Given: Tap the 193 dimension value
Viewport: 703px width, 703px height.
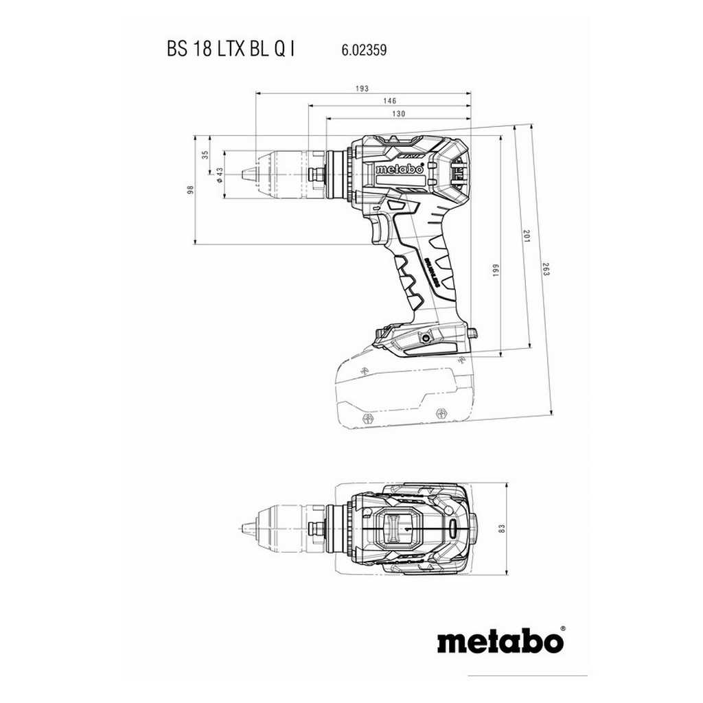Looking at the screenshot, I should coord(363,88).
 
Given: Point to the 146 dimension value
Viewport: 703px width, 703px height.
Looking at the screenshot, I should coord(389,100).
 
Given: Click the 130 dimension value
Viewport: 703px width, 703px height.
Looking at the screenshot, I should coord(397,113).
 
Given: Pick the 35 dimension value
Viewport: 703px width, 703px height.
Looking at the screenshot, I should coord(205,155).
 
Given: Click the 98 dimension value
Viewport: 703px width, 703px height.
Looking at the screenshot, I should coord(190,189).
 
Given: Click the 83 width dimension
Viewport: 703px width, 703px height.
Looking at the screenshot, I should coord(501,529).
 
